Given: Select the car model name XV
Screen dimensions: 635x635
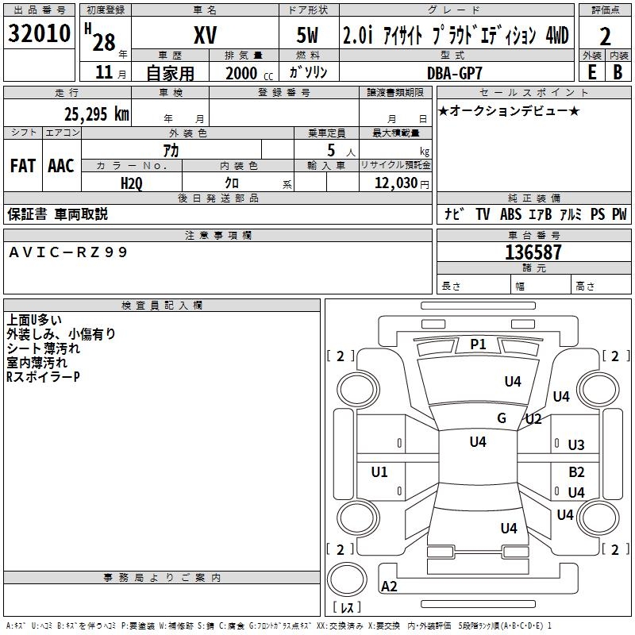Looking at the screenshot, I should pyautogui.click(x=205, y=35).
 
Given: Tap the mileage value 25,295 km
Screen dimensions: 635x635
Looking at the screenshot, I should pyautogui.click(x=96, y=114).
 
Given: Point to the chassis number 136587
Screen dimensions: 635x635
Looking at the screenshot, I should pyautogui.click(x=533, y=252).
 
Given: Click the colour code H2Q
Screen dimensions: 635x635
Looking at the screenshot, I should pyautogui.click(x=132, y=183).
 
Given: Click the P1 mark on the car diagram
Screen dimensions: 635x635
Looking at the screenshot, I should pyautogui.click(x=478, y=344).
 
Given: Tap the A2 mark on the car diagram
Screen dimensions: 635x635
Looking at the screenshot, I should pyautogui.click(x=390, y=587).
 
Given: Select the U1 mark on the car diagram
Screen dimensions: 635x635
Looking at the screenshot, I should pyautogui.click(x=379, y=472).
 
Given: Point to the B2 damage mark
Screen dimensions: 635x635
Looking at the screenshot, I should pyautogui.click(x=576, y=471).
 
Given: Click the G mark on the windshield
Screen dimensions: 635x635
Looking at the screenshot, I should pyautogui.click(x=502, y=418).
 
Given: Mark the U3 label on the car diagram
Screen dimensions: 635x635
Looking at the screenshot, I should pyautogui.click(x=576, y=445).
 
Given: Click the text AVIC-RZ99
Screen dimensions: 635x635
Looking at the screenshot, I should pyautogui.click(x=68, y=252).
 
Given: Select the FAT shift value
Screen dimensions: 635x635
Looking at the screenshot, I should pyautogui.click(x=22, y=166).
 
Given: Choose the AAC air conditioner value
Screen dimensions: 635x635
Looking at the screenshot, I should pyautogui.click(x=60, y=166).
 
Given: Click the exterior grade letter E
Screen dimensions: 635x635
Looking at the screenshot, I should pyautogui.click(x=591, y=71).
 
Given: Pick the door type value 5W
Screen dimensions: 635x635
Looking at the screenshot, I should pyautogui.click(x=309, y=35).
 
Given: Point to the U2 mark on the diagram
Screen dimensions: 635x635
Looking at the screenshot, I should pyautogui.click(x=533, y=419).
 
